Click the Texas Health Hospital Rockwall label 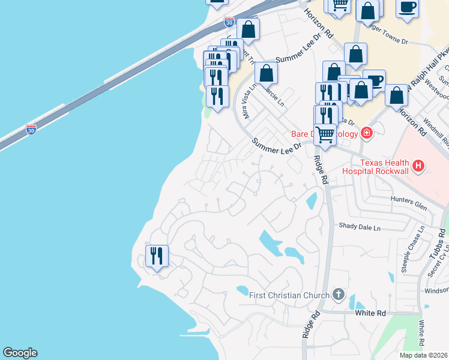(384, 167)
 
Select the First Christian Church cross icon (339, 295)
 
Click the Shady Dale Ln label (360, 228)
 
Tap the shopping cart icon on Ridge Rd (325, 134)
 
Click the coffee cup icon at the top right (408, 7)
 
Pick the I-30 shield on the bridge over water (31, 129)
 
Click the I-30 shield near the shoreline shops (229, 23)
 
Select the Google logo (20, 353)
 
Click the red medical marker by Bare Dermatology (365, 133)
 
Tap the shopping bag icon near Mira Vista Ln (266, 73)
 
